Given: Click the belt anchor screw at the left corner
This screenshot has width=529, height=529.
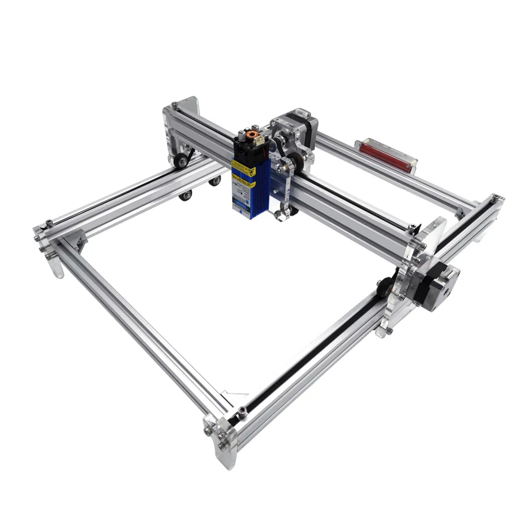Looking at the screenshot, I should [x=49, y=223].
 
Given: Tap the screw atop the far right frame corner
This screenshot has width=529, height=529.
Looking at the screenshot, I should [x=494, y=197].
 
